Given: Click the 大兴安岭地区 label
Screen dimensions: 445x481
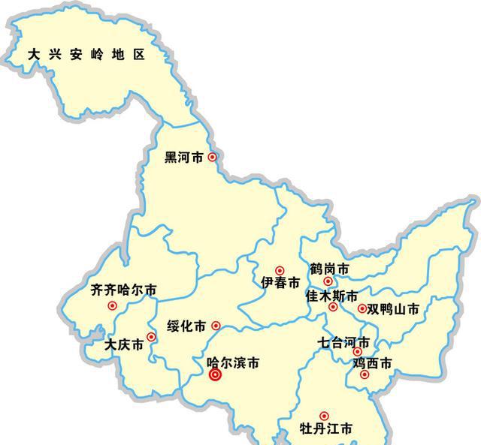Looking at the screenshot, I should point(85,55).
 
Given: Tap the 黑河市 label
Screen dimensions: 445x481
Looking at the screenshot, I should point(184,158).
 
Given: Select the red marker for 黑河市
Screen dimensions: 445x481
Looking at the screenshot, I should point(213,157).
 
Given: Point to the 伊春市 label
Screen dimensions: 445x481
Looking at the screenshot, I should point(280,283).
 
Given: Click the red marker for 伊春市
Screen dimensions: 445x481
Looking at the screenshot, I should point(280,270).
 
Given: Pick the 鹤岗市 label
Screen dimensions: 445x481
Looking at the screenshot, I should point(328,269).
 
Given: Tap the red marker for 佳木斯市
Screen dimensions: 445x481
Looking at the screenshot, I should point(333,307).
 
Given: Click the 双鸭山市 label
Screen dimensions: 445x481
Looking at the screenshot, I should point(392,308).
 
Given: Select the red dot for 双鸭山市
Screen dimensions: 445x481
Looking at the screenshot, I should point(362,308).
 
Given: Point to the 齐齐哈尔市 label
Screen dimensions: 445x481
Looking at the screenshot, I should point(124,290).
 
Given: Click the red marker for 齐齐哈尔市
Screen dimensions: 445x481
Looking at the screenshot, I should point(112,305).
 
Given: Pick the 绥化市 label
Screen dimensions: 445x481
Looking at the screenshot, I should point(186,326).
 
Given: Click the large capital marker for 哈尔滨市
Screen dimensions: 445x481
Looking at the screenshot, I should point(215,375).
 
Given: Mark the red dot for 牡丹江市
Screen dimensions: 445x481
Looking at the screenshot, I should point(324,416).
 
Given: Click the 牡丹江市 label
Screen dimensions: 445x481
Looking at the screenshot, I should point(326,430).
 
